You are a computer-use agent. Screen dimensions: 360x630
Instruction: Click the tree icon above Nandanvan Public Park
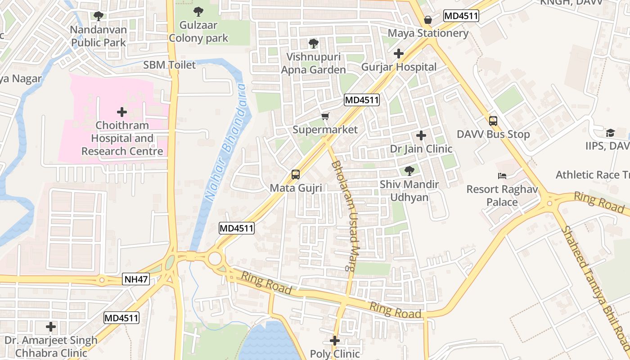click(x=99, y=16)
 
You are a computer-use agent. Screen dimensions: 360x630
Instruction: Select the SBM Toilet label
click(x=170, y=65)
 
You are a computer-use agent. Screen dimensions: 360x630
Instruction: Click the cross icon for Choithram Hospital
click(x=122, y=112)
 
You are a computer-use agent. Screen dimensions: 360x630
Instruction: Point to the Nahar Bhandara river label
click(x=224, y=142)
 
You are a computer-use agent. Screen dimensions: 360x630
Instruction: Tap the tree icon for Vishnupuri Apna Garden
click(x=313, y=44)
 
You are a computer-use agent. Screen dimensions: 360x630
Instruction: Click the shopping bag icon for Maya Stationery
click(x=428, y=20)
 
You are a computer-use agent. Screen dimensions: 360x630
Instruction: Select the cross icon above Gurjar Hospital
click(x=399, y=54)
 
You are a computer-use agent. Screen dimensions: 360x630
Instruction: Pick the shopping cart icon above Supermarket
click(x=325, y=117)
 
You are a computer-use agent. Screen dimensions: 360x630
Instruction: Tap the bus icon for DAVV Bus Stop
click(x=493, y=121)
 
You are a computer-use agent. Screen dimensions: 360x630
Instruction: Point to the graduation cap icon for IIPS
click(x=610, y=133)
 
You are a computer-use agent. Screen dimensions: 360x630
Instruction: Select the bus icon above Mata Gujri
click(x=296, y=175)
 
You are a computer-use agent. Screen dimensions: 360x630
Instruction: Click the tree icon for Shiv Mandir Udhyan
click(x=409, y=171)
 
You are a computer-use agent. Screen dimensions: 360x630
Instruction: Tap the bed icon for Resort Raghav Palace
click(x=502, y=175)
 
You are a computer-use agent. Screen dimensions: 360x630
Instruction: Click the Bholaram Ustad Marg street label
click(x=344, y=216)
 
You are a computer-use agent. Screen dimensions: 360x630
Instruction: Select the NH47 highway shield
click(x=135, y=280)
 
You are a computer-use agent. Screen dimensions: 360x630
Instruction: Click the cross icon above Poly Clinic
click(x=335, y=341)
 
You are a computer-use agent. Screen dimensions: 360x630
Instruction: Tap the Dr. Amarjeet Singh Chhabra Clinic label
click(x=51, y=346)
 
